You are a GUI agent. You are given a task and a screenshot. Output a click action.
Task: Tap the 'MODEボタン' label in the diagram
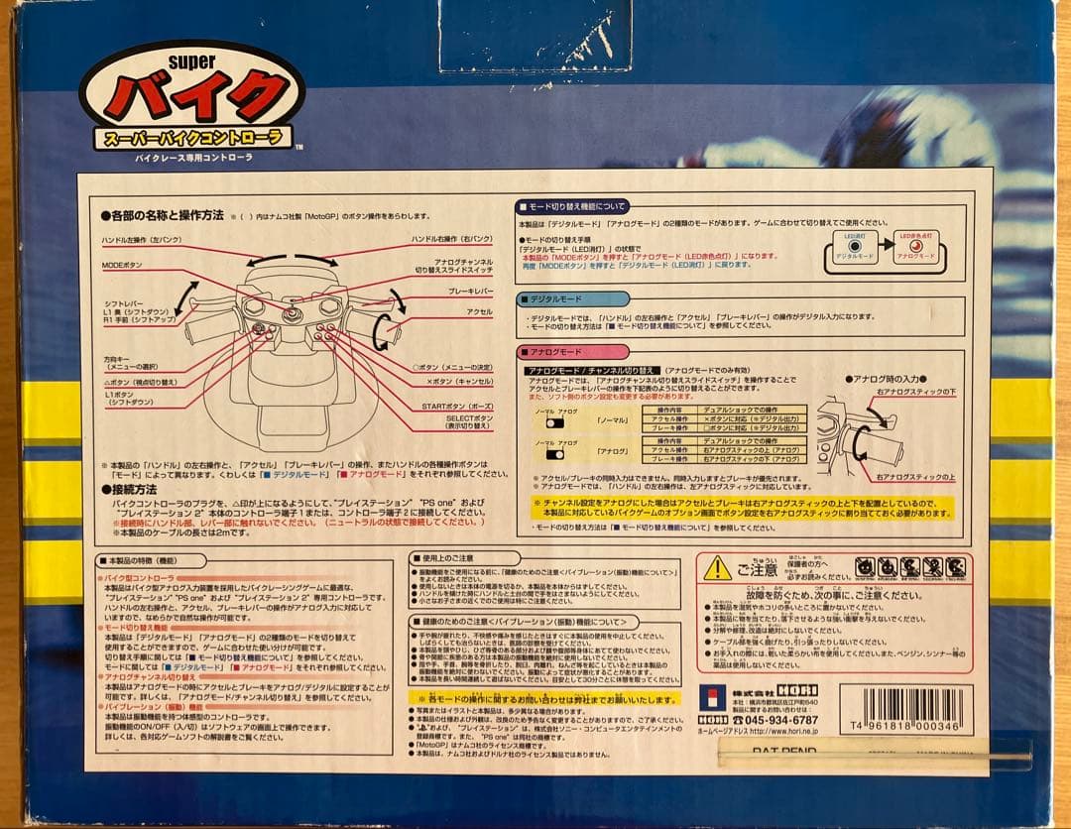click(x=123, y=266)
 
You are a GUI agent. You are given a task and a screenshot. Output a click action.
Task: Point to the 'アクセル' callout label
click(x=480, y=311)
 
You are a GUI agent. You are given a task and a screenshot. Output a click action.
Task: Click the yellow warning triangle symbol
click(x=717, y=567)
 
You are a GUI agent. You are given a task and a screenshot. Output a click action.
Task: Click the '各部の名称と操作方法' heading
click(x=163, y=215)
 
